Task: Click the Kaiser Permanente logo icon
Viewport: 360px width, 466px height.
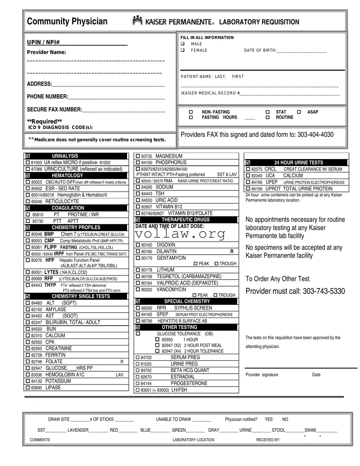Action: click(x=137, y=21)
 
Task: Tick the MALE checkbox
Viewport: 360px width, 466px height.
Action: click(x=182, y=44)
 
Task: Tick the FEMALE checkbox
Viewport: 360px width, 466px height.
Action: click(x=182, y=50)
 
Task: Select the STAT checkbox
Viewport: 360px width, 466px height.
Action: click(x=268, y=112)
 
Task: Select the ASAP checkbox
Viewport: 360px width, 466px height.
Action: click(x=299, y=112)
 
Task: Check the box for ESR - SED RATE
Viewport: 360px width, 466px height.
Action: click(x=28, y=189)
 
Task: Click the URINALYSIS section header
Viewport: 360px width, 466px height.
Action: click(x=65, y=156)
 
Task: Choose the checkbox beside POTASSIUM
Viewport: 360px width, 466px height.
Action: click(x=28, y=381)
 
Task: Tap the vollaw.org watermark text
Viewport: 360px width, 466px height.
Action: click(x=180, y=234)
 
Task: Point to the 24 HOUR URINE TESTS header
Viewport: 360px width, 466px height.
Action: click(x=299, y=163)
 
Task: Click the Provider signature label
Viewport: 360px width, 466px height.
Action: click(x=262, y=375)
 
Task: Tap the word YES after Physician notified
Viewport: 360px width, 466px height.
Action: click(x=269, y=419)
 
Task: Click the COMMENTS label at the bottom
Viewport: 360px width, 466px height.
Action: click(x=40, y=440)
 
